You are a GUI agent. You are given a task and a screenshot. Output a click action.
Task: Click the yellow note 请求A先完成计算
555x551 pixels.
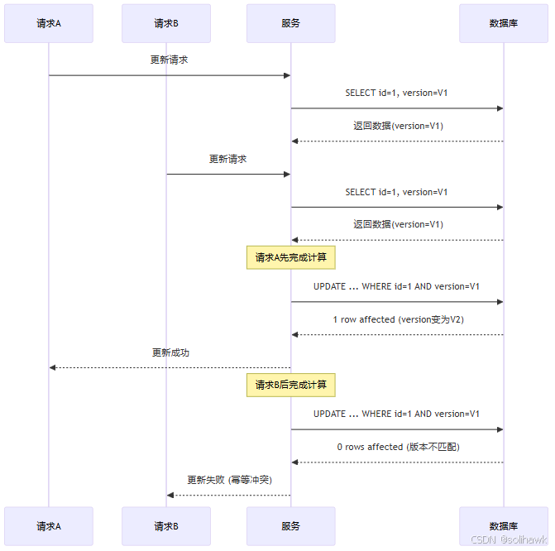pos(290,257)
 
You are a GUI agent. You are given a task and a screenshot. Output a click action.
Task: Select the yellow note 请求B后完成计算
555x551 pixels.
pos(290,385)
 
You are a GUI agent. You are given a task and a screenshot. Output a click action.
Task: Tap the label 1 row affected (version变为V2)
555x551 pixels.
pos(397,319)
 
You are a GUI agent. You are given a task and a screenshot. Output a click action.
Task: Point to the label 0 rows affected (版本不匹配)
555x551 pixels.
pos(397,447)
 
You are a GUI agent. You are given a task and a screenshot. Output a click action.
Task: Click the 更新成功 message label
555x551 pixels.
pos(170,352)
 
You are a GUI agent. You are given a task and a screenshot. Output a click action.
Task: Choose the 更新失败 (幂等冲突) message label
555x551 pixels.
pos(229,480)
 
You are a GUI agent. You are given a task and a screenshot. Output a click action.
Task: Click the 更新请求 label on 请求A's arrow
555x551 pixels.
pos(170,60)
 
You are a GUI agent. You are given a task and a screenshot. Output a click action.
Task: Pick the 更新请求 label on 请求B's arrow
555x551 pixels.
pos(228,159)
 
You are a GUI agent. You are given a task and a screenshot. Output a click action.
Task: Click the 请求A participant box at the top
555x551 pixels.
pos(49,23)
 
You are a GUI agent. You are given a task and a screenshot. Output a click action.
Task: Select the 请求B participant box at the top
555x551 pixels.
pos(166,23)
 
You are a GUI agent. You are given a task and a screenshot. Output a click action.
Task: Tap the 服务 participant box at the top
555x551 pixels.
pos(290,23)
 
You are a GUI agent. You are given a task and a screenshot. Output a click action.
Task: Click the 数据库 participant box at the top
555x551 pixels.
pos(504,23)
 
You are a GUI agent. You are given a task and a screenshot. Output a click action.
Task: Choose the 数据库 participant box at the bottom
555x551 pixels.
pos(504,526)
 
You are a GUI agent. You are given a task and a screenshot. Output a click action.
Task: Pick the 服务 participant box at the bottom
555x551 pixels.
pos(290,526)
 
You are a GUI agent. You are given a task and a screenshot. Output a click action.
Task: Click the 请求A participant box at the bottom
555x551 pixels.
pos(49,526)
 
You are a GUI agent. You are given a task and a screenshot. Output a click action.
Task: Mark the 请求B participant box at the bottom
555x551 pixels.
pos(166,526)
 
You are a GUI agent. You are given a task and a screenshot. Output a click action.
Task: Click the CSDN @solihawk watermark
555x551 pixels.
pos(509,539)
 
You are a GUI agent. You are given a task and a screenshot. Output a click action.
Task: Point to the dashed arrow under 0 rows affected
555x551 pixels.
pos(397,462)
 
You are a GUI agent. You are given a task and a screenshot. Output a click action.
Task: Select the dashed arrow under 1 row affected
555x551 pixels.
pos(397,335)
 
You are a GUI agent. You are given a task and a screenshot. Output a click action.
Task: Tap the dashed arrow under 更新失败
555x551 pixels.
pos(229,496)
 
